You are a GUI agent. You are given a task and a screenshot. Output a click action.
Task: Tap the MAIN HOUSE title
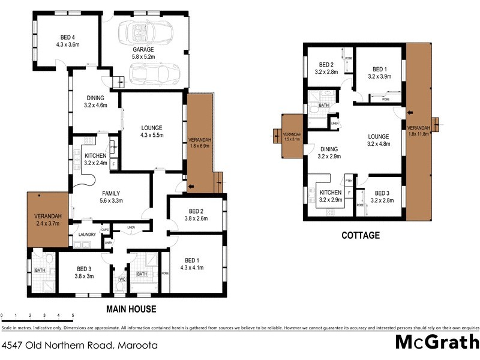[x=131, y=310]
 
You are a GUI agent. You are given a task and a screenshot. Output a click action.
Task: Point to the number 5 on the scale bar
[x=73, y=315]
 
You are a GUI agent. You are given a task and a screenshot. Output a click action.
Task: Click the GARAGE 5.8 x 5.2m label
[x=143, y=53]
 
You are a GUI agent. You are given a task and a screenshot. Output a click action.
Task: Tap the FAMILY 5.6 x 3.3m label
[x=111, y=197]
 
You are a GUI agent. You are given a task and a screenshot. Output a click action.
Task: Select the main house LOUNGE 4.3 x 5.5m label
[x=152, y=131]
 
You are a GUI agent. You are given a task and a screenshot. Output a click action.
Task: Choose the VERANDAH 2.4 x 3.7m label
[x=47, y=218]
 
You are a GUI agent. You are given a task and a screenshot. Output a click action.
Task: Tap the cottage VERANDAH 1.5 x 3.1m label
[x=292, y=136]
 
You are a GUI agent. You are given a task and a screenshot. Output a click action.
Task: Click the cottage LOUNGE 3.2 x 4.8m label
[x=379, y=140]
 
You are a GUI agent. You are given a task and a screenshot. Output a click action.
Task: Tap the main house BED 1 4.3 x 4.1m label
[x=195, y=265]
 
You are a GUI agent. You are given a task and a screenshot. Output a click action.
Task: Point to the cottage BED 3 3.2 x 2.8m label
[x=382, y=197]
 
